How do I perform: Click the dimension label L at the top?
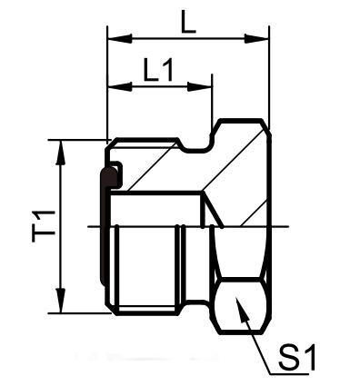tap(188, 21)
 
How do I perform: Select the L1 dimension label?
tap(158, 70)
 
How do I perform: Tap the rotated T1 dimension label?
tap(44, 226)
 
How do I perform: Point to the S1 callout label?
tap(297, 357)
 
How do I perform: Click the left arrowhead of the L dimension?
tap(120, 38)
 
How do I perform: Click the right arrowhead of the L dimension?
tap(256, 38)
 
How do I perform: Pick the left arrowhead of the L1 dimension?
tap(120, 87)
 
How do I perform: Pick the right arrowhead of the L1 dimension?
tap(199, 87)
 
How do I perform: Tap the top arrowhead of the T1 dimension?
tap(61, 153)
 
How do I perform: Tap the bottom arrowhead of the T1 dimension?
tap(61, 301)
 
